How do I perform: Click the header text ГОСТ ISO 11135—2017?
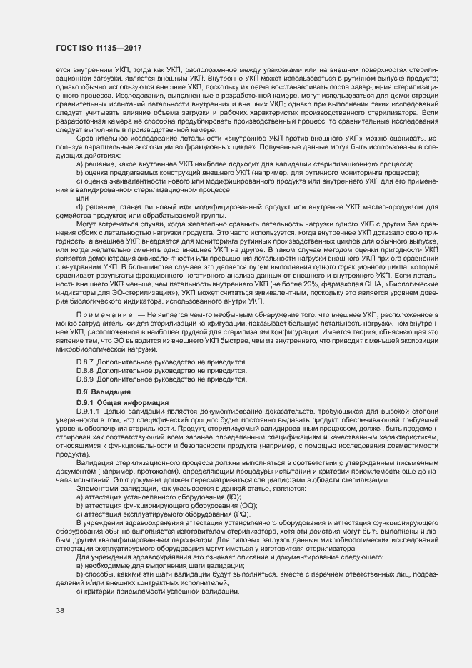point(98,47)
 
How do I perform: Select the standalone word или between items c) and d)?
point(81,199)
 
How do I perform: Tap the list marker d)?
point(80,208)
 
